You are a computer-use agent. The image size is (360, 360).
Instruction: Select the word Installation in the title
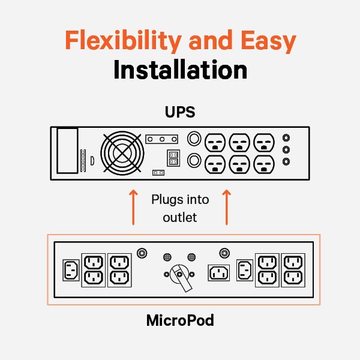(x=180, y=70)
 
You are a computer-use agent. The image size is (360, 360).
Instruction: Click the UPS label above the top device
(x=179, y=112)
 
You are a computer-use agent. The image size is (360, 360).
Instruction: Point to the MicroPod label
(x=180, y=320)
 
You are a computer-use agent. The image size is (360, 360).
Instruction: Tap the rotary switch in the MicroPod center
(x=179, y=275)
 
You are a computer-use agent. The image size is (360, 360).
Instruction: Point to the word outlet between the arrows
(x=179, y=217)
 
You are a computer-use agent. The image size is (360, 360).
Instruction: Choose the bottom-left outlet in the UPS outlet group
(x=215, y=163)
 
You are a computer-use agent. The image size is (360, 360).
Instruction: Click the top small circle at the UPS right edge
(x=286, y=138)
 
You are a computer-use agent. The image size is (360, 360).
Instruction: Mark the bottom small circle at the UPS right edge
(x=286, y=161)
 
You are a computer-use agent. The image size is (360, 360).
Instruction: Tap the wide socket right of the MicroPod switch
(x=219, y=272)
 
